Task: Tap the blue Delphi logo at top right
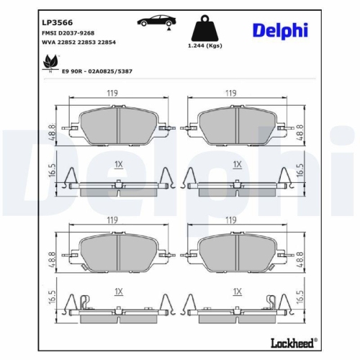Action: tap(280, 30)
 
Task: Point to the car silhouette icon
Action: tap(155, 23)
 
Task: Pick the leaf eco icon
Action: tap(50, 66)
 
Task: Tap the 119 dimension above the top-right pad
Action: tap(230, 93)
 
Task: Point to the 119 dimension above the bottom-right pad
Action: tap(230, 220)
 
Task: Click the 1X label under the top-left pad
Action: tap(119, 165)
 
